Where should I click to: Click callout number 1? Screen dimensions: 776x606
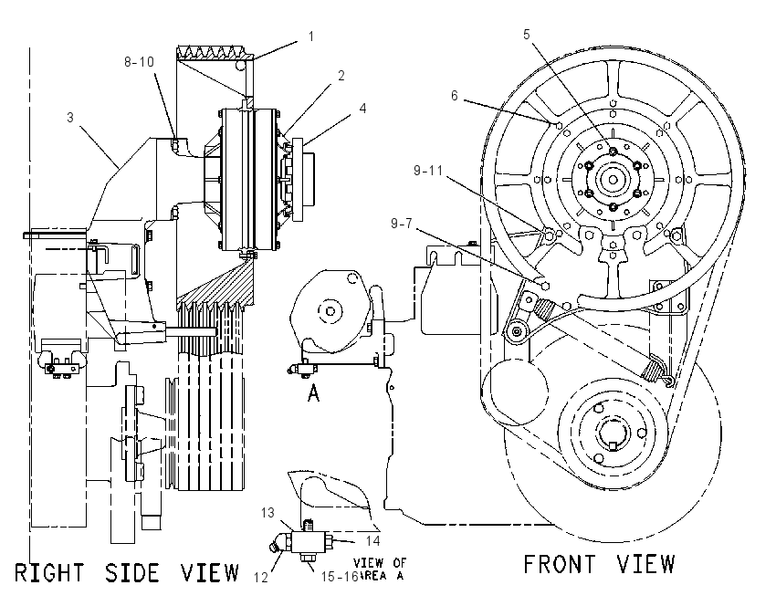pos(310,37)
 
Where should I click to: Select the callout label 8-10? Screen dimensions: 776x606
pos(139,62)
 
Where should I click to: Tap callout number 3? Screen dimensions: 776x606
pos(70,117)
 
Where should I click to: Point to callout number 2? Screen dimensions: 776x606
pos(341,75)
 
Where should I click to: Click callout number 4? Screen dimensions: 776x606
pos(362,109)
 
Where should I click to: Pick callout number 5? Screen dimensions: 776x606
pos(527,34)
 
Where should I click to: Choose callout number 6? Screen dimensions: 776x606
pos(455,95)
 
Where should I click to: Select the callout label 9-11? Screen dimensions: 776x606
pos(428,171)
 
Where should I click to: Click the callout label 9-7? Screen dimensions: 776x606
pos(402,224)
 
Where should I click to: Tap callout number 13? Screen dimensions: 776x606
pos(267,513)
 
